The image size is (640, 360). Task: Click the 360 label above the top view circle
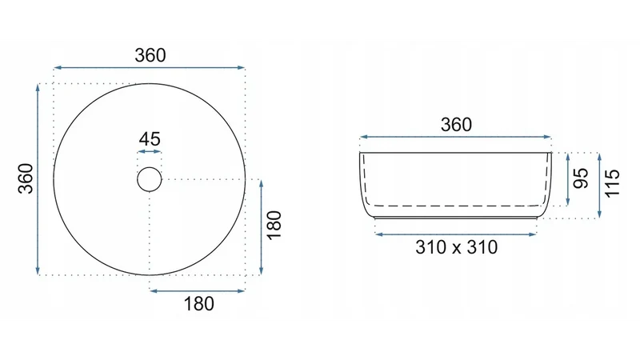150,55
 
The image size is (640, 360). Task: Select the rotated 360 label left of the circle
26,178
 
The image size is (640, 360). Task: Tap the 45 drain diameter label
150,139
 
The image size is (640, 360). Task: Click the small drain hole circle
150,179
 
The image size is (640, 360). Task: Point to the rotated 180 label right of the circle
274,226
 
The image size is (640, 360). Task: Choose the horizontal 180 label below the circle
198,304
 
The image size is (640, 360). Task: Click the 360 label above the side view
456,125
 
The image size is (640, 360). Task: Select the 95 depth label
581,178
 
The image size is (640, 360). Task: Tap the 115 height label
612,183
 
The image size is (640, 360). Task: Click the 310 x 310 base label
456,247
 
